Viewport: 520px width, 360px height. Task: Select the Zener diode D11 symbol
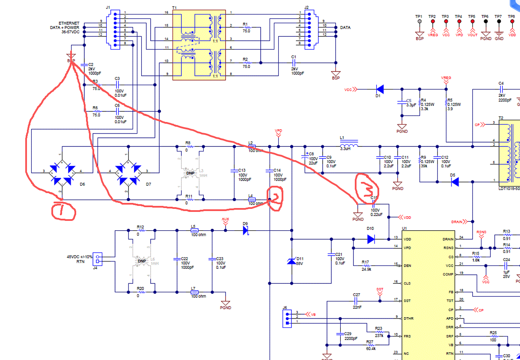(291, 261)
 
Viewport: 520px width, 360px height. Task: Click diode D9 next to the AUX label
(246, 230)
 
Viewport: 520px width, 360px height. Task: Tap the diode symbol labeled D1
(379, 89)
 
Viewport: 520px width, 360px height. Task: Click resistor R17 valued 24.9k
(365, 266)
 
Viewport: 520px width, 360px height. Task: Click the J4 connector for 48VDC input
(98, 259)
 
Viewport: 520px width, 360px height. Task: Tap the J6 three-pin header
(286, 318)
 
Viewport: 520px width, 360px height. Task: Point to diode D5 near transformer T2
(455, 182)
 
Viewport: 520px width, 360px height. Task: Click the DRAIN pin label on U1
(448, 239)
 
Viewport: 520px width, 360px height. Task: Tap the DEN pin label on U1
(407, 266)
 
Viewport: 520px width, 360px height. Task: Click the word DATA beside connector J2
(345, 27)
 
